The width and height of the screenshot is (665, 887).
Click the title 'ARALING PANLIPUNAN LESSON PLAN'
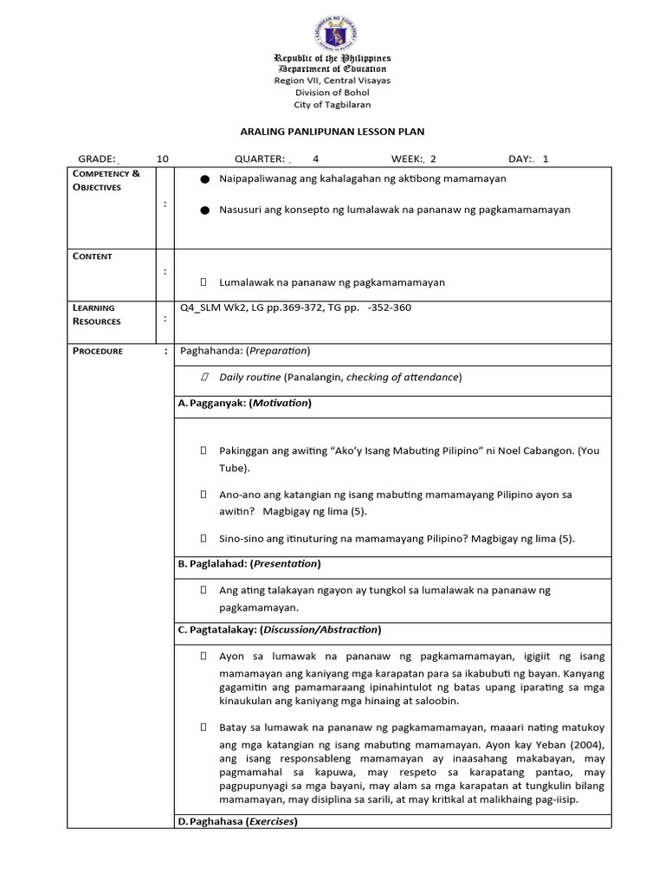332,131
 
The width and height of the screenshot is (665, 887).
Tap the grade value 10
163,159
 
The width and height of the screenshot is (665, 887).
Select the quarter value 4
315,159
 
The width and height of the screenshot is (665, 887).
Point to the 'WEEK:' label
406,159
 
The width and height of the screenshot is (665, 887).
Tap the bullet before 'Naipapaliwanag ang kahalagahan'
204,179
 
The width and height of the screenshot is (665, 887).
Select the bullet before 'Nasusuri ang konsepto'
204,210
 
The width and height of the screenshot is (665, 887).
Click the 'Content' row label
93,256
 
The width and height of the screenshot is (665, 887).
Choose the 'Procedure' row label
98,351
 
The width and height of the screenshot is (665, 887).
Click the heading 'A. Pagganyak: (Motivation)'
244,403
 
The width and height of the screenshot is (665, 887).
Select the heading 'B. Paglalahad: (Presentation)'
249,564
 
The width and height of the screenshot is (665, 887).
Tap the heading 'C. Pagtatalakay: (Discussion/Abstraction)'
279,630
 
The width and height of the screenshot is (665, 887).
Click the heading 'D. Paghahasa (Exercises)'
237,821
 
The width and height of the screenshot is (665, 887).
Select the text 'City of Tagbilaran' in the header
332,104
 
